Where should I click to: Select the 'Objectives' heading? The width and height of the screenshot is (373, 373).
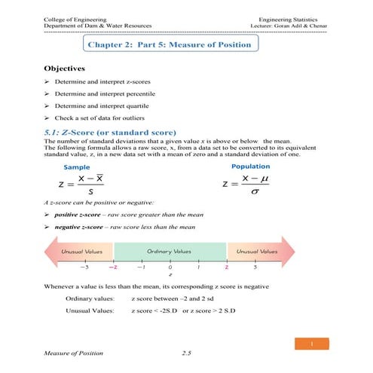pos(73,69)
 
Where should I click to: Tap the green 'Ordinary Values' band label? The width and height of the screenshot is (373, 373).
pos(169,251)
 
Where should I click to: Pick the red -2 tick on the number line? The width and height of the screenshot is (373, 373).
pos(113,267)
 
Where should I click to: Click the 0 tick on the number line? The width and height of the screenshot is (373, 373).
pos(170,267)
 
